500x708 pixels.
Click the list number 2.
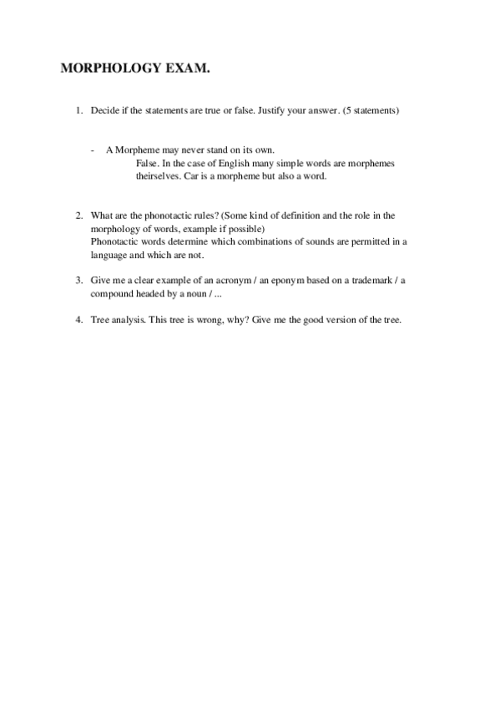pyautogui.click(x=78, y=215)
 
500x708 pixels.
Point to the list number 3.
pyautogui.click(x=78, y=280)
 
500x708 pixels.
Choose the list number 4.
pyautogui.click(x=78, y=319)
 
